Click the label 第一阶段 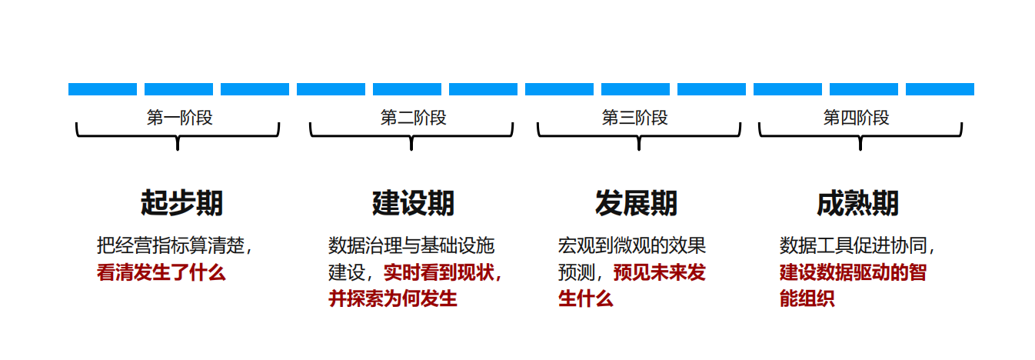(x=179, y=118)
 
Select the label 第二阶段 (x=413, y=118)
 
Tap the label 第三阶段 (x=634, y=118)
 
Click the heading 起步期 (x=182, y=203)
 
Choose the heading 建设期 (x=413, y=203)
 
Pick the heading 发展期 (x=636, y=203)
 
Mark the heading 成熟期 (x=857, y=203)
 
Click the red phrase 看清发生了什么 (x=161, y=272)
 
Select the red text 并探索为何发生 (x=393, y=298)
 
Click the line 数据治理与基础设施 (x=411, y=246)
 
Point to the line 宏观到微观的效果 (x=631, y=246)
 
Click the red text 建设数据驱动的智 (x=853, y=272)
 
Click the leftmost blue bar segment (x=102, y=89)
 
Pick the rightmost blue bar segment (x=940, y=89)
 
